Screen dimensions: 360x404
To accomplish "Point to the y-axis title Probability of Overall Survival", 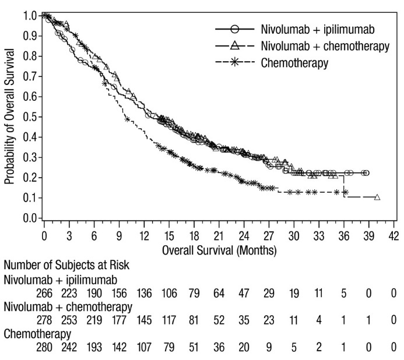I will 10,118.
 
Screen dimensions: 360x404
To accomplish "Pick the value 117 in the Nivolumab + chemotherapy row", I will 169,321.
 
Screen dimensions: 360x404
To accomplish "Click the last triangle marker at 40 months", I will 377,197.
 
